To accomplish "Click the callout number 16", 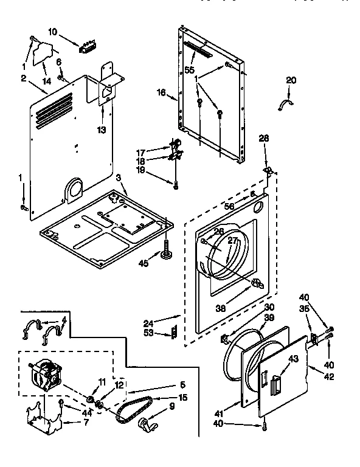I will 161,92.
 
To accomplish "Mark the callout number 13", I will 100,129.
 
